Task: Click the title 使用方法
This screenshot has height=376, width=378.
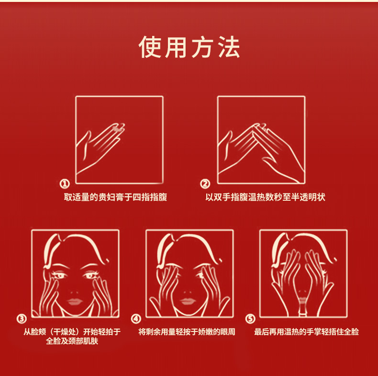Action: pyautogui.click(x=189, y=47)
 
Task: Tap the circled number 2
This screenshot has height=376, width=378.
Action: pyautogui.click(x=205, y=184)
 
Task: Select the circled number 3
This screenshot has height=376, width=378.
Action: pyautogui.click(x=22, y=319)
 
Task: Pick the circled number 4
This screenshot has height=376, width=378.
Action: pyautogui.click(x=136, y=319)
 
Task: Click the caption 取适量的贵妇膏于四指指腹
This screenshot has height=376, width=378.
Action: pyautogui.click(x=115, y=197)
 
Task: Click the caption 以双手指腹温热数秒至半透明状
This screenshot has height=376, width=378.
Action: pyautogui.click(x=266, y=197)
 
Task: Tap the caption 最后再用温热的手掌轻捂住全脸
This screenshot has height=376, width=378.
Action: pyautogui.click(x=306, y=331)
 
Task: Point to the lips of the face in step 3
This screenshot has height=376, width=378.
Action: pyautogui.click(x=75, y=302)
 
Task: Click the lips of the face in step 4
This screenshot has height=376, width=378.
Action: pyautogui.click(x=189, y=302)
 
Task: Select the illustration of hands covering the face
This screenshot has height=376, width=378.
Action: pyautogui.click(x=303, y=273)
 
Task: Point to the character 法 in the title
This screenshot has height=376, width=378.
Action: pyautogui.click(x=228, y=47)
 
